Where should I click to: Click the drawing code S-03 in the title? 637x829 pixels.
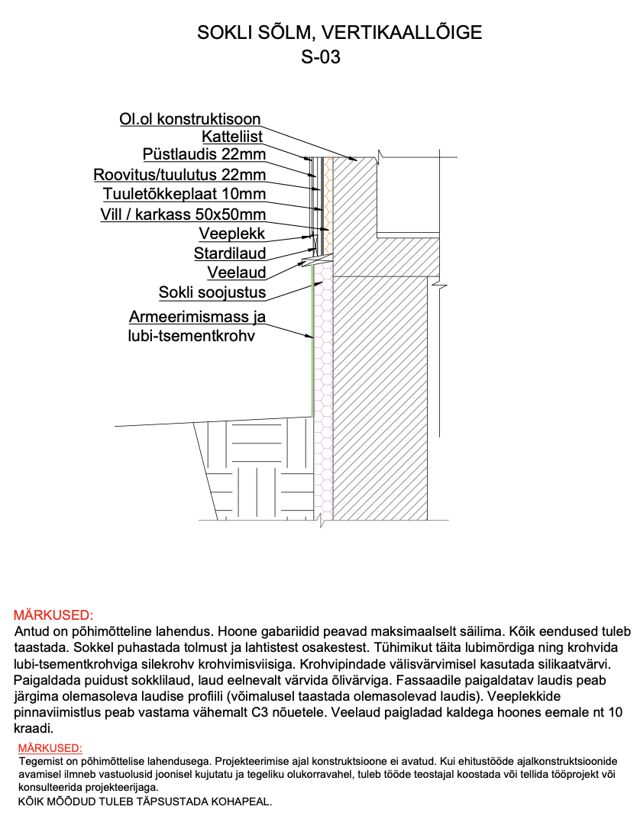click(x=321, y=57)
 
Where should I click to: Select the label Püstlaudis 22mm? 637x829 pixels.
click(x=204, y=156)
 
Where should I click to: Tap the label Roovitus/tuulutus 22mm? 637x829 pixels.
click(x=179, y=175)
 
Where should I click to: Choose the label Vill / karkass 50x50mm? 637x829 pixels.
click(x=183, y=215)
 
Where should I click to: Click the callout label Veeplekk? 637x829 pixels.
click(x=232, y=234)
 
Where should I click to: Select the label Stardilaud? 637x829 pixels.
click(x=229, y=253)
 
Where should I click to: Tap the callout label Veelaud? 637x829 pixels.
click(x=237, y=273)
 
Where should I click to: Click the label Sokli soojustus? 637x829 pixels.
click(x=212, y=292)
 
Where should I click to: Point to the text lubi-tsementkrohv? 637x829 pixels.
click(x=191, y=335)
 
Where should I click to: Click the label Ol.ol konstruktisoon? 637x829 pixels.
click(x=190, y=119)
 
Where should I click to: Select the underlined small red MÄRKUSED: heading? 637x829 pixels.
click(x=50, y=748)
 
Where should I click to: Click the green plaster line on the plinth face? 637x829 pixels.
click(x=313, y=351)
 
